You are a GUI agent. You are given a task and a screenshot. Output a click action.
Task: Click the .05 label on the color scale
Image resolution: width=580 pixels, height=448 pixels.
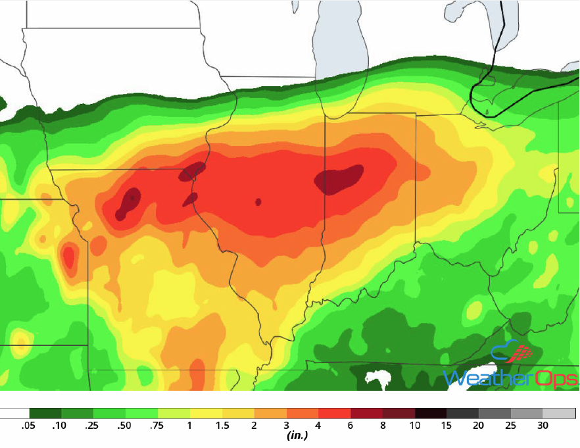tap(28, 426)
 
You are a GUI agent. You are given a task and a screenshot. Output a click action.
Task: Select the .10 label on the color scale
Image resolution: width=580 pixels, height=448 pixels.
tap(59, 426)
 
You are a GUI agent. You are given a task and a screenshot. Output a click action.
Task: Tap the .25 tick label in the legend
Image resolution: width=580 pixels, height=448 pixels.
tap(91, 426)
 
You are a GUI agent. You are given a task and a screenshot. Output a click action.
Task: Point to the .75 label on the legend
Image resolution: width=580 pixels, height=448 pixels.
tap(156, 426)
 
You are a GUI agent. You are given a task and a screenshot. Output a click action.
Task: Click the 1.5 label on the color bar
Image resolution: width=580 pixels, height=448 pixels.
tap(222, 426)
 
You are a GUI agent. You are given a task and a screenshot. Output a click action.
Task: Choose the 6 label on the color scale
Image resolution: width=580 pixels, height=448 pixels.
tap(350, 426)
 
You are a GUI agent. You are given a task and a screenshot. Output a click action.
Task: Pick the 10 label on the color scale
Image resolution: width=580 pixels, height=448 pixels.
tap(414, 426)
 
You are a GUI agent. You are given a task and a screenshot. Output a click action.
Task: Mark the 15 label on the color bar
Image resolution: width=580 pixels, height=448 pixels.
tap(447, 426)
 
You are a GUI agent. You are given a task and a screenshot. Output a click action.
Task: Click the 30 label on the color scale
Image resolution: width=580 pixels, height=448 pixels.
tap(543, 426)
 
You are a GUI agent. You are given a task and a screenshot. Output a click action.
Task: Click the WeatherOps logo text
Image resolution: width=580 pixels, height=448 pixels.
tap(510, 378)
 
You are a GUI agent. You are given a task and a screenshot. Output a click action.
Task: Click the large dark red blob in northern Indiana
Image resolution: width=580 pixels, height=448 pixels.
tap(339, 180)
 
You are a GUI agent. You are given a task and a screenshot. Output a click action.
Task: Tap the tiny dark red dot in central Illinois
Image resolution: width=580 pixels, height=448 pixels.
tap(258, 202)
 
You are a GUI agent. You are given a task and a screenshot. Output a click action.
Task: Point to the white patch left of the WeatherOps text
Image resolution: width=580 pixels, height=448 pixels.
tap(377, 379)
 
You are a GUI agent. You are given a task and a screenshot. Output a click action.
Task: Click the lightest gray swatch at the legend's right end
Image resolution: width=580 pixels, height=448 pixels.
tap(560, 414)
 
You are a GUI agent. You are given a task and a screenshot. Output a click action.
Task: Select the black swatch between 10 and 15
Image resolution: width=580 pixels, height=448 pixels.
tap(431, 414)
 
